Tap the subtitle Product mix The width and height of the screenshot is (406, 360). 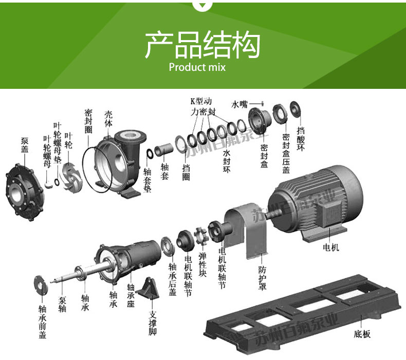click(197, 67)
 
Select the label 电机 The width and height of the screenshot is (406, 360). click(331, 248)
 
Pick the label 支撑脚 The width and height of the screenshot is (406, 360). click(153, 324)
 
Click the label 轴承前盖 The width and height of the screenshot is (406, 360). click(43, 321)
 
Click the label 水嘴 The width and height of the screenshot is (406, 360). click(239, 104)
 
